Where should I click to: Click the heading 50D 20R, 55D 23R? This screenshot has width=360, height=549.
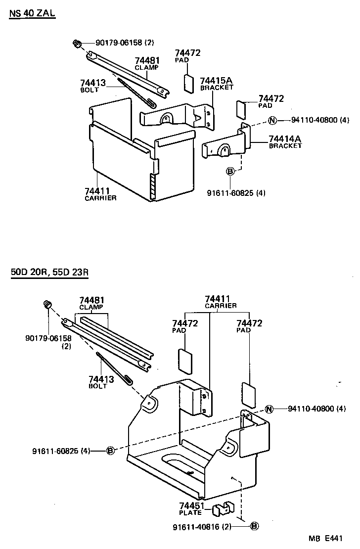(49, 273)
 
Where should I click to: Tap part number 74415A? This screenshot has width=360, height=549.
(217, 81)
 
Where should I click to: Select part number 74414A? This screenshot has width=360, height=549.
(285, 139)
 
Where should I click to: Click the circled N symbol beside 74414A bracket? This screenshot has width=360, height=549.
(272, 120)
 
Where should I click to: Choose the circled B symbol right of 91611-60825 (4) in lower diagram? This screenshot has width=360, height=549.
(110, 450)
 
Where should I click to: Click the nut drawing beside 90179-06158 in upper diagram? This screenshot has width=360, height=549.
(78, 44)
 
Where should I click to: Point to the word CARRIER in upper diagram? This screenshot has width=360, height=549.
(100, 198)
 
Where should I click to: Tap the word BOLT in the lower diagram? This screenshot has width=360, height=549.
(98, 386)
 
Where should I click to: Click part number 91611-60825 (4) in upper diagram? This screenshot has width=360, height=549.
(236, 193)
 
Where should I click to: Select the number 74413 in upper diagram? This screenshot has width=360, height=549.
(93, 83)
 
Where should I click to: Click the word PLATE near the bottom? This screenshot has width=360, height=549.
(190, 513)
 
